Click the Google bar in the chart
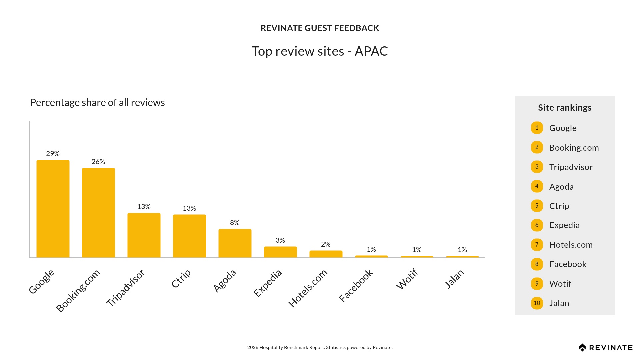[x=53, y=209]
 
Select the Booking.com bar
[x=98, y=213]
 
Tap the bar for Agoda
[x=235, y=243]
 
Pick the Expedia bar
[x=280, y=252]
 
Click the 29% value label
[x=53, y=154]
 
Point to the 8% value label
[x=235, y=223]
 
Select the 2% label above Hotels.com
[x=326, y=244]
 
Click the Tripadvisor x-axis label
[x=125, y=288]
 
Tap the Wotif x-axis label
[x=407, y=279]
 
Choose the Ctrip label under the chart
[x=181, y=278]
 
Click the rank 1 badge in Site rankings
[x=537, y=128]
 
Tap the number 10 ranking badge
[x=537, y=303]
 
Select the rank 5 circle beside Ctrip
[x=537, y=206]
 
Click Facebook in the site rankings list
[x=568, y=264]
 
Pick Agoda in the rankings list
[x=561, y=187]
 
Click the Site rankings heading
[x=565, y=108]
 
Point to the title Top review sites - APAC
[x=320, y=51]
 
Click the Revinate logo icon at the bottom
[x=582, y=348]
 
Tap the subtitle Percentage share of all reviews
[x=97, y=103]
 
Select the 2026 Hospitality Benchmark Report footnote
[x=320, y=347]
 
